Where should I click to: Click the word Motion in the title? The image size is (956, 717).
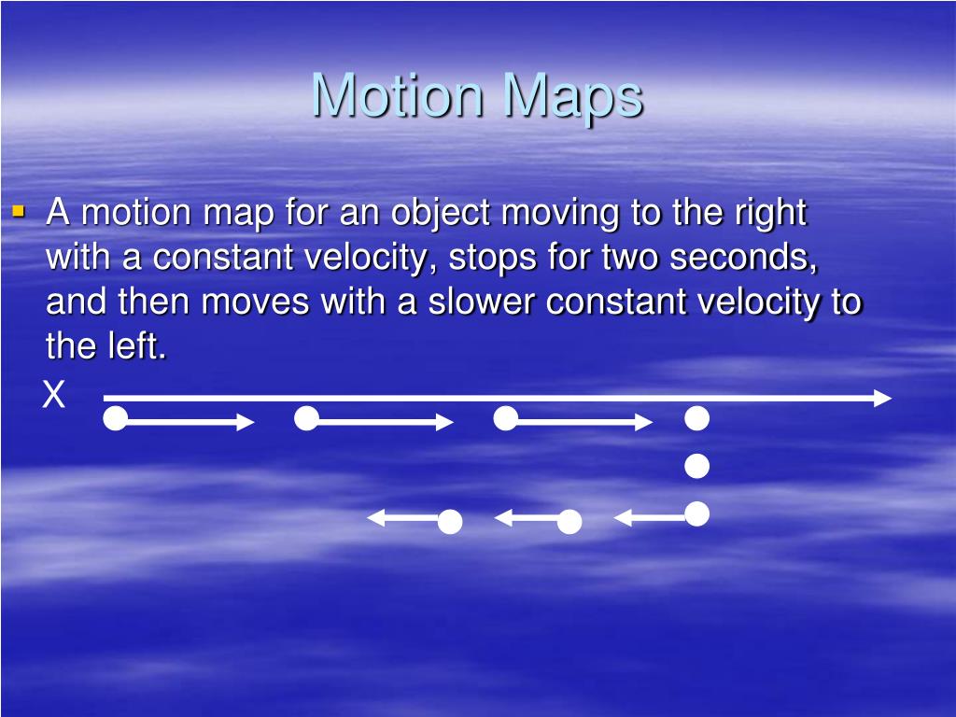coord(399,95)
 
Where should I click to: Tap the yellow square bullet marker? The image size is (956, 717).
coord(18,212)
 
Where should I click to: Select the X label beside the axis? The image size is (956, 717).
coord(54,396)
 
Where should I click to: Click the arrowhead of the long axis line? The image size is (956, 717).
coord(883,399)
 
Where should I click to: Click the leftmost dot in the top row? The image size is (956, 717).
coord(115,419)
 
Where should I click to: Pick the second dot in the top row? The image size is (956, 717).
coord(306,419)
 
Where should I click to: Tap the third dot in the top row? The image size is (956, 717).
coord(505,419)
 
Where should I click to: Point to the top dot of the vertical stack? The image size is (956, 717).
coord(696,419)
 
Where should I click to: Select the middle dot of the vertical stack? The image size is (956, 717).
coord(696,466)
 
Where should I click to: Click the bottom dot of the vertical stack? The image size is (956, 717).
coord(696,513)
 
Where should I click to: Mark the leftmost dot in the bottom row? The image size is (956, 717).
coord(450,522)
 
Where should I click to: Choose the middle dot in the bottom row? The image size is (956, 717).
coord(569,522)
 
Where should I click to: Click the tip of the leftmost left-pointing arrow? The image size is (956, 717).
coord(372,516)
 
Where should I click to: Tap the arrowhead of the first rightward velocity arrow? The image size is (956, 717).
coord(247,423)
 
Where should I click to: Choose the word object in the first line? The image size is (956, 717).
coord(441,214)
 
